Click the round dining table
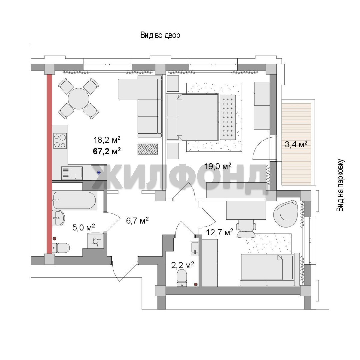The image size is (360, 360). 79,99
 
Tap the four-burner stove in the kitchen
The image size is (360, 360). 60,141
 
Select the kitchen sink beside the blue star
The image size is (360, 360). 72,173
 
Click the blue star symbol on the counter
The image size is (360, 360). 99,173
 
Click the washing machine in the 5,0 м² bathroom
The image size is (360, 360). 96,241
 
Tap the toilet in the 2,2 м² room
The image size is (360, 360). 182,278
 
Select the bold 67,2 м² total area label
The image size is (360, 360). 107,151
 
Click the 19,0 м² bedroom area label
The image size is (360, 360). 218,166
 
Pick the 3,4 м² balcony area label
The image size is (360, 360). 296,144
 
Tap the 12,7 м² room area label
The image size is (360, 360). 219,232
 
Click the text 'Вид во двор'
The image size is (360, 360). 160,35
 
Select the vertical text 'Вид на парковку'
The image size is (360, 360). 340,185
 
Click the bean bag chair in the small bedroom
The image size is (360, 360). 286,211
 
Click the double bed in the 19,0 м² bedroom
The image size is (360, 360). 197,117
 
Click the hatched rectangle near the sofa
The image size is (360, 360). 148,149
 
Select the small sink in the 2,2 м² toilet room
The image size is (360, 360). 195,248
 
